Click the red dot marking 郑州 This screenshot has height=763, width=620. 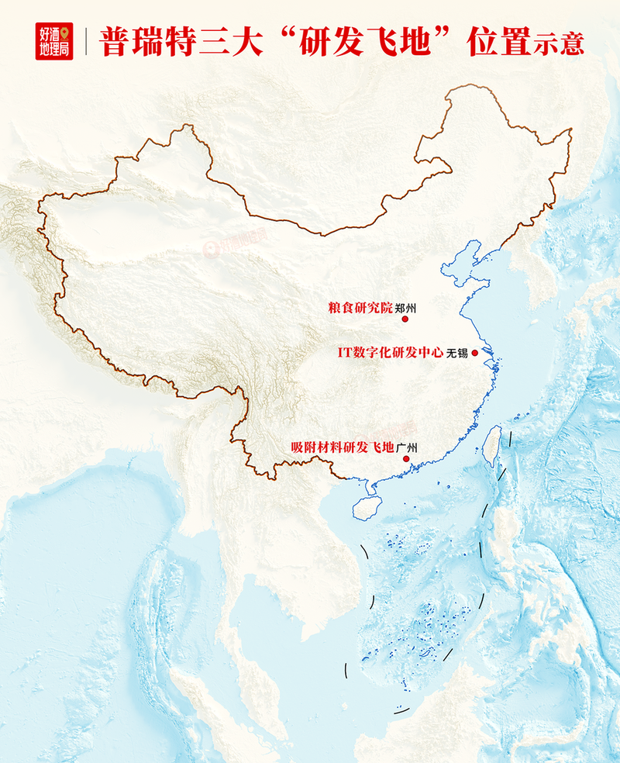405,318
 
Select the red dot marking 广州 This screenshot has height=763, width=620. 406,458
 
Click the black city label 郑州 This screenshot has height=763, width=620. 405,307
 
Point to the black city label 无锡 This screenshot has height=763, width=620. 457,353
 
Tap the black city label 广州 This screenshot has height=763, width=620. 406,447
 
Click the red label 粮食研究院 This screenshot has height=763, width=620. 360,307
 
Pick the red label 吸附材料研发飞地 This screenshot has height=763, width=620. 343,447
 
